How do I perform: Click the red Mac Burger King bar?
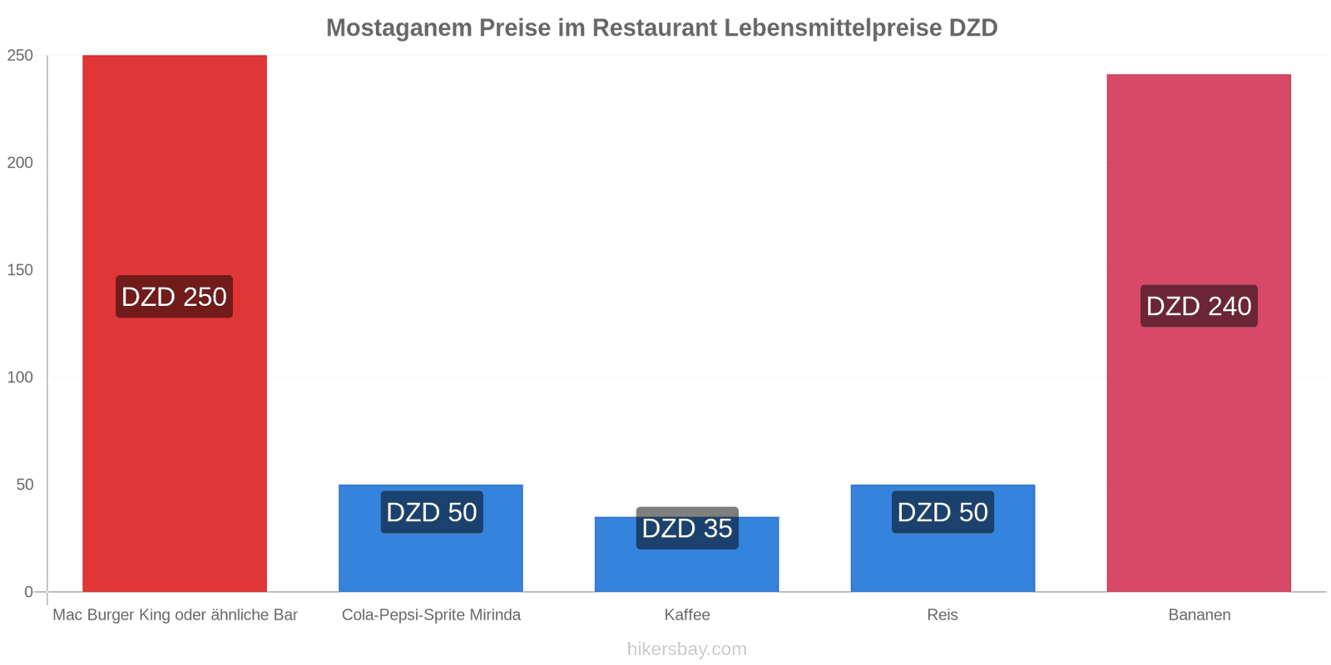click(175, 323)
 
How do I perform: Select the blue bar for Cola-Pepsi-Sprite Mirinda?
click(431, 538)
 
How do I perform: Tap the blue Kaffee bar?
click(687, 554)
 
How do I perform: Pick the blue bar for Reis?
click(943, 538)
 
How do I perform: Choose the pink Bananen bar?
click(1199, 333)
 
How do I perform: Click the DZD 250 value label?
click(174, 296)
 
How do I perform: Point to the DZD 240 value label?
click(1199, 306)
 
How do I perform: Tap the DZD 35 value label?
click(687, 528)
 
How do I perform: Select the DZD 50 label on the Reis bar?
click(943, 512)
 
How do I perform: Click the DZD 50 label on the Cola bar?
click(432, 512)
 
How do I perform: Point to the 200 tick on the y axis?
click(20, 162)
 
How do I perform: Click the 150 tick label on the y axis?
click(20, 269)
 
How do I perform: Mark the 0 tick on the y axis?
click(28, 591)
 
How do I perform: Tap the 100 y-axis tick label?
click(20, 377)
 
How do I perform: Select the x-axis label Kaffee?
click(687, 614)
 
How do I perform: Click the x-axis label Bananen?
click(1199, 614)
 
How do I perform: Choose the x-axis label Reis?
click(943, 614)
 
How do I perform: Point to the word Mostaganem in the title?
click(399, 27)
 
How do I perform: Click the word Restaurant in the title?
click(655, 27)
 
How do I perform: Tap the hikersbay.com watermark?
click(687, 648)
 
